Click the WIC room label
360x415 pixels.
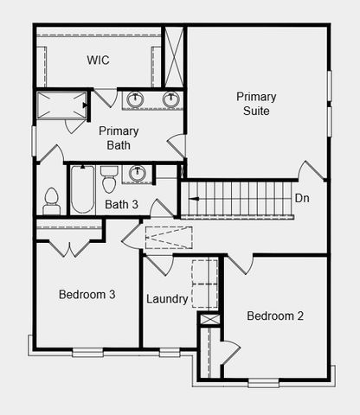[x=98, y=60]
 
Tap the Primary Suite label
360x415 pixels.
[x=256, y=104]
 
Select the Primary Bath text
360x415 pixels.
[x=119, y=138]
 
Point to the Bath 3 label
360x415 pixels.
[x=121, y=204]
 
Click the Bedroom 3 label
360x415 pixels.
[x=87, y=294]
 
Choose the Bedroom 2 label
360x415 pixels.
[x=275, y=316]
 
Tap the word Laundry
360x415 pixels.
[x=167, y=299]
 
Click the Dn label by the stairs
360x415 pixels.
[x=302, y=198]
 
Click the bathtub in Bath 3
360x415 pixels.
[x=82, y=189]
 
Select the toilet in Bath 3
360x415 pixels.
[x=109, y=179]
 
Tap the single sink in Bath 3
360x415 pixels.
[x=138, y=173]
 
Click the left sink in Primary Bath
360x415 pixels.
[x=135, y=99]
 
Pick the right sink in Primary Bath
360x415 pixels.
[x=171, y=99]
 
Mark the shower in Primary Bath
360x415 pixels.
[x=62, y=105]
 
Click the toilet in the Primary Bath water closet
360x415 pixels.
[x=52, y=201]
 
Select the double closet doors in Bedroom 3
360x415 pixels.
[x=69, y=248]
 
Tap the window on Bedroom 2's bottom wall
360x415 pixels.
[x=264, y=383]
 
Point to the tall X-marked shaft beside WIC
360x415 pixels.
[x=174, y=56]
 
